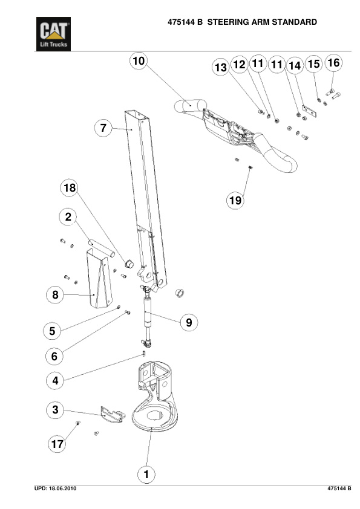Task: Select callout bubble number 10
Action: [x=139, y=61]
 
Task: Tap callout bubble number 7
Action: [x=103, y=128]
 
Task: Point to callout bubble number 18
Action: [x=70, y=188]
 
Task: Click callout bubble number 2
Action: [x=68, y=216]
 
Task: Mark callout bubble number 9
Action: [x=189, y=322]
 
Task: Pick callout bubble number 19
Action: [x=236, y=200]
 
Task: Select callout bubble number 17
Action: [x=57, y=444]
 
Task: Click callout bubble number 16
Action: [x=333, y=62]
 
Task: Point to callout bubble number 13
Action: [x=220, y=68]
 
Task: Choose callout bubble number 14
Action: [x=294, y=65]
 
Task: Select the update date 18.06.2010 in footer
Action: [x=61, y=488]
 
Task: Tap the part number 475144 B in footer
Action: [x=339, y=488]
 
